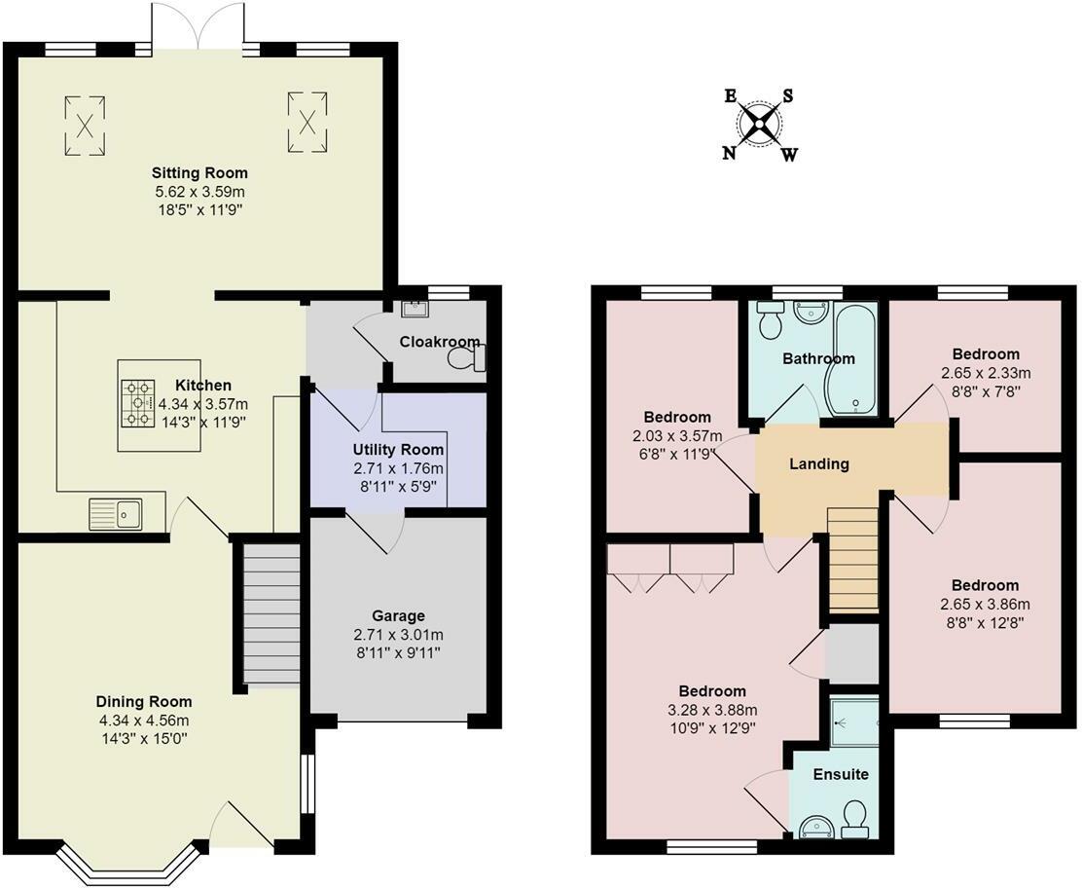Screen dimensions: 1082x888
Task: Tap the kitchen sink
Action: click(115, 514)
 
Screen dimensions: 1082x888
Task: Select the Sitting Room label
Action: click(199, 172)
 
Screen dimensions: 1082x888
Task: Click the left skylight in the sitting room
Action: click(86, 126)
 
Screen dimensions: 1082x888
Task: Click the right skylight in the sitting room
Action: click(307, 123)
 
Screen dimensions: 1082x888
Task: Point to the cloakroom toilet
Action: click(467, 358)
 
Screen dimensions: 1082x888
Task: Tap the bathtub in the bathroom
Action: click(853, 359)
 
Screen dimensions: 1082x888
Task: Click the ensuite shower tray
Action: click(854, 723)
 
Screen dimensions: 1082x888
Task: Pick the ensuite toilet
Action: click(855, 815)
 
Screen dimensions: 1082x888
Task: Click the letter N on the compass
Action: click(730, 153)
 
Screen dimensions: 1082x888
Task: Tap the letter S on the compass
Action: click(787, 96)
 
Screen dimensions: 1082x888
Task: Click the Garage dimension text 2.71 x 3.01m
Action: click(398, 635)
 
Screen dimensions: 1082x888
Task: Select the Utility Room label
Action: click(398, 450)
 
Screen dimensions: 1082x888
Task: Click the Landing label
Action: click(819, 463)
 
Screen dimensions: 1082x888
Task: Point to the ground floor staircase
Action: click(271, 614)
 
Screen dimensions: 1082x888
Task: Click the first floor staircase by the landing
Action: click(853, 559)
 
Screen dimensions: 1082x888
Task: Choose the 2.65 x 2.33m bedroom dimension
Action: click(986, 374)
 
